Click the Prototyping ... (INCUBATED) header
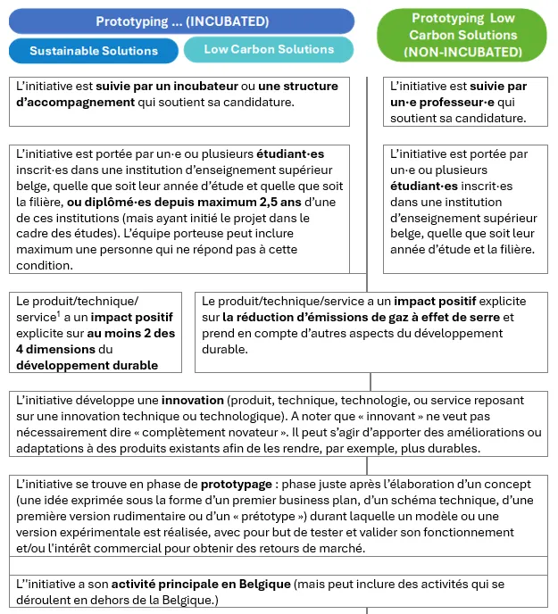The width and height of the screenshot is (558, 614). (x=181, y=21)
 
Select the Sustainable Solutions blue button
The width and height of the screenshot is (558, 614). (x=94, y=51)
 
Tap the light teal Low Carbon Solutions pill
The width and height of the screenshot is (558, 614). (x=269, y=49)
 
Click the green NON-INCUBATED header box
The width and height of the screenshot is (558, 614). (x=462, y=36)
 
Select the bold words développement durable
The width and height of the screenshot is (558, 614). (x=87, y=365)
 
